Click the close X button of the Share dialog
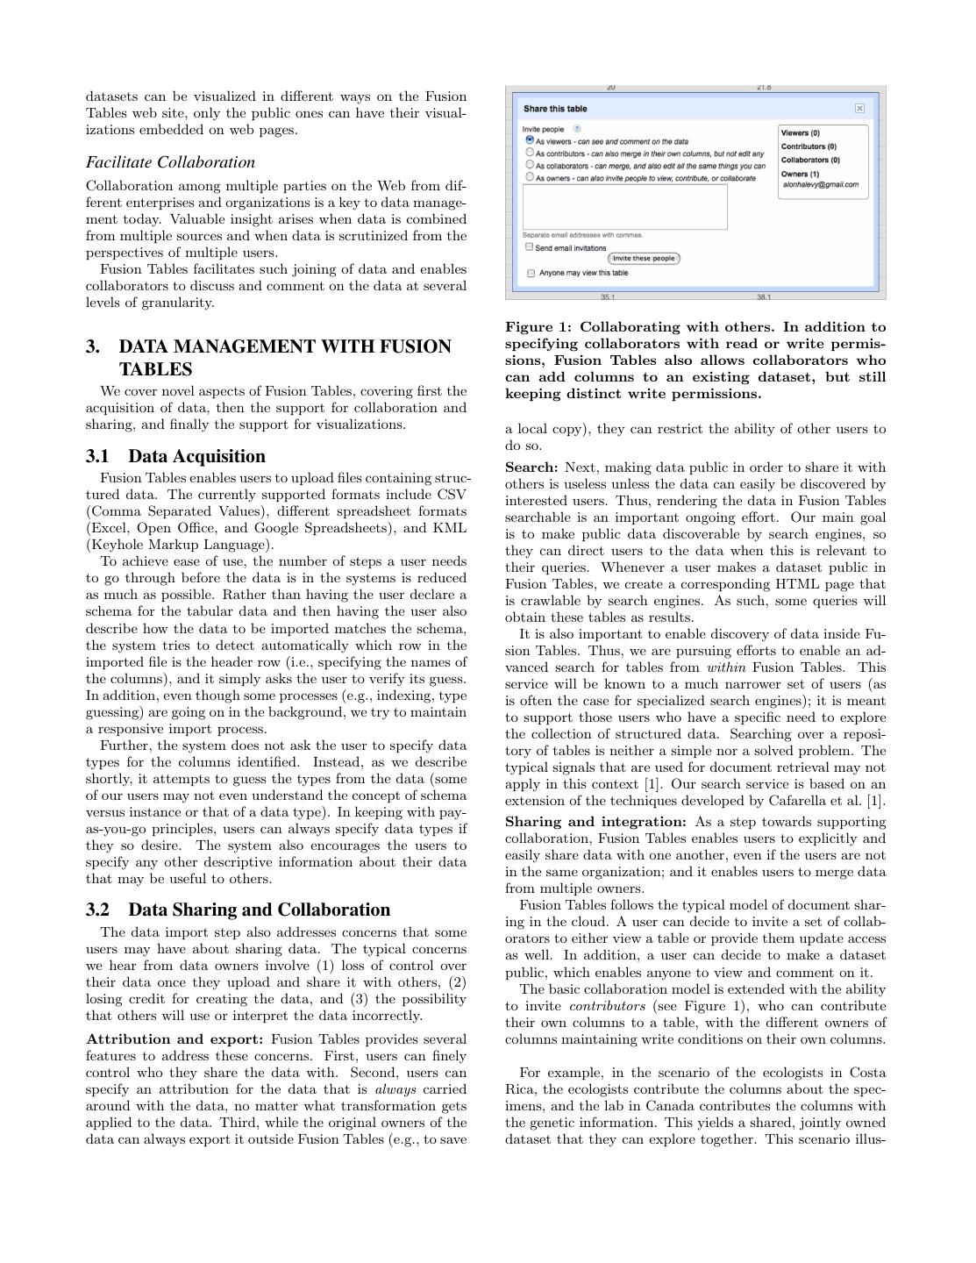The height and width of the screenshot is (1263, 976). point(859,109)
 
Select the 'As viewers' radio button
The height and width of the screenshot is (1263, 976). point(530,139)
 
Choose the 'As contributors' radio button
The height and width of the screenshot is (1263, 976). point(530,152)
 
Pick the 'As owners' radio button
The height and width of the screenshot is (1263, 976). point(530,176)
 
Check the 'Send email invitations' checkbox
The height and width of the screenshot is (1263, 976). point(530,247)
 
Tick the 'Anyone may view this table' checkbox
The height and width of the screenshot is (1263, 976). point(531,273)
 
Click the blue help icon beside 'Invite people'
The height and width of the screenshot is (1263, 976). point(576,129)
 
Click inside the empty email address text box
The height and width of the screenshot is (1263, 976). point(624,207)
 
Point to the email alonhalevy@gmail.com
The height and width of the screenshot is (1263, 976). point(820,185)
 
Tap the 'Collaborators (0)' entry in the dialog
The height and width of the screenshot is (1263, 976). point(810,160)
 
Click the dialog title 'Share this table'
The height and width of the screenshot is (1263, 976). point(555,109)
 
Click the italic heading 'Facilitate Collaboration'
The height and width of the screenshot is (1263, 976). point(170,162)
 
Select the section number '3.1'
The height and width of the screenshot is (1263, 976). point(101,456)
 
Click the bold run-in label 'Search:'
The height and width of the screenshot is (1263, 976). point(531,467)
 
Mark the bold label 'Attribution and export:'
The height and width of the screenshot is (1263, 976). point(175,1039)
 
